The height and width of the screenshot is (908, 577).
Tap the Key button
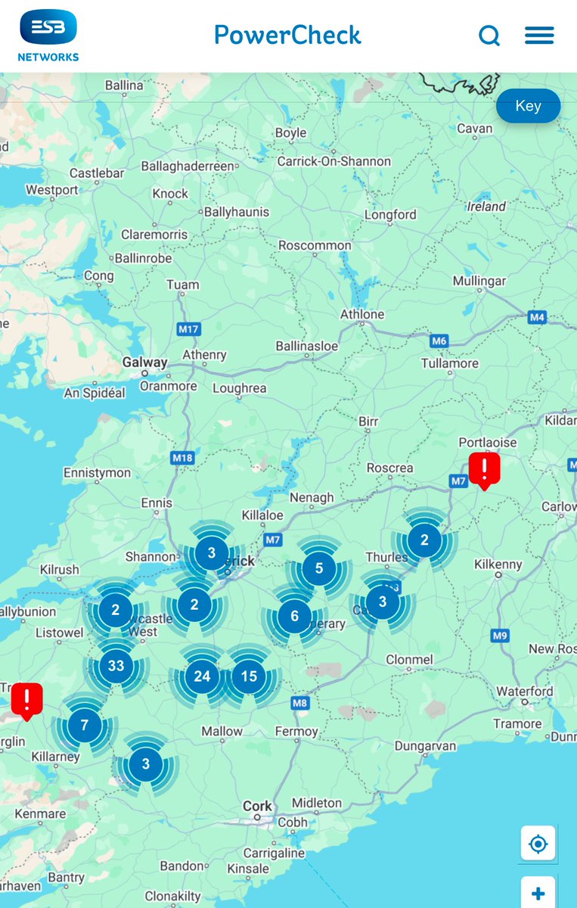coord(528,106)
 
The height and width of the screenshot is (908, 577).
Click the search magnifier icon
coord(489,36)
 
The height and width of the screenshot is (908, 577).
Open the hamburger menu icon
coord(539,36)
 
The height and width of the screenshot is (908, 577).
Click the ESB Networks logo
coord(48,35)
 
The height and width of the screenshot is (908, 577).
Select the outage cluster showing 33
coord(116,666)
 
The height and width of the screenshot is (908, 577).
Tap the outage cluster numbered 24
coord(202,676)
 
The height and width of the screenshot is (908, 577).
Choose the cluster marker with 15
coord(249,676)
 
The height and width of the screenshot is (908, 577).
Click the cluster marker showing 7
coord(84,726)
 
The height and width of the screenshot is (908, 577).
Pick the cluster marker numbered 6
coord(294,617)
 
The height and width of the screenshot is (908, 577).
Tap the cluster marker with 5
coord(318,567)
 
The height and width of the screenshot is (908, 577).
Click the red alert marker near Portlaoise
coord(484,469)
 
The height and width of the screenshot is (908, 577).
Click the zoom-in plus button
coord(538,894)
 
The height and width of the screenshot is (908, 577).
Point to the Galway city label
coord(144,362)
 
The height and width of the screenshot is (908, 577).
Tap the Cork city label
coord(257,806)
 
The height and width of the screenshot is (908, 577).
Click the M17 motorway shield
coord(188,329)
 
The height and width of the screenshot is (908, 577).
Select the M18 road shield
coord(182,458)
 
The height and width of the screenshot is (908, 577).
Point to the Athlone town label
coord(362,314)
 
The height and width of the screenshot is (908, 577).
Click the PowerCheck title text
coord(287,35)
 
